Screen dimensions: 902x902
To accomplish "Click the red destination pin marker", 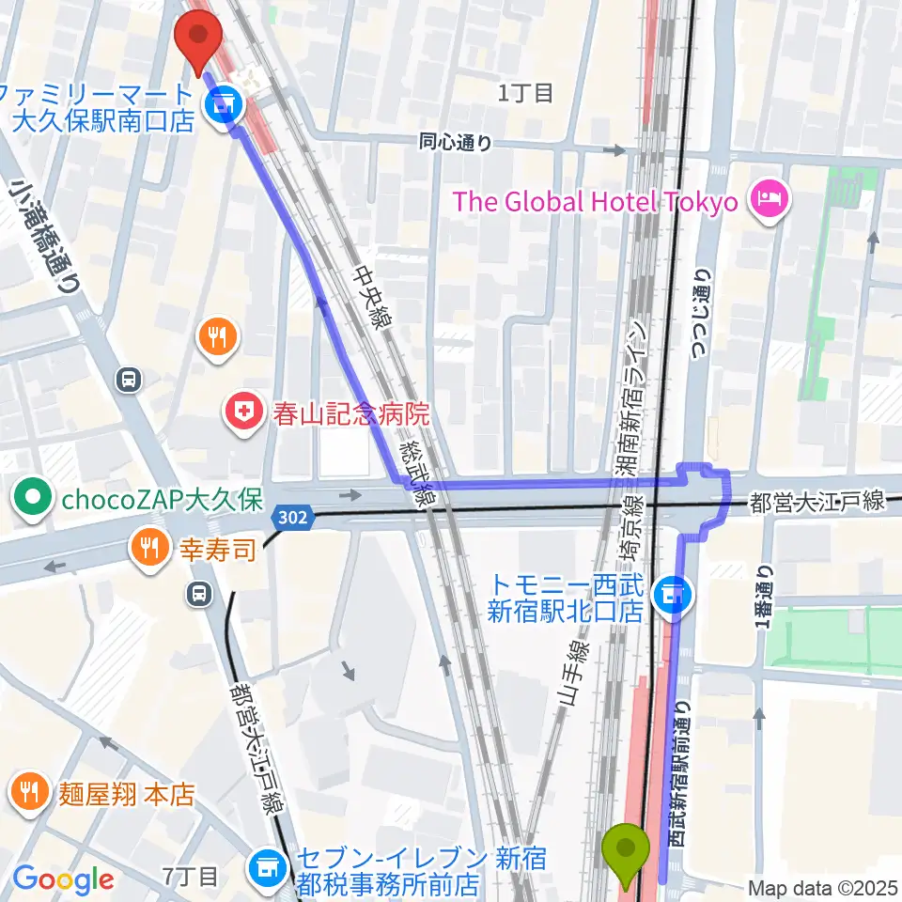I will (x=198, y=40).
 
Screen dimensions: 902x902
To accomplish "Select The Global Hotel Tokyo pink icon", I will (x=770, y=200).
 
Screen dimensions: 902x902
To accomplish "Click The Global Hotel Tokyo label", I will (x=595, y=202).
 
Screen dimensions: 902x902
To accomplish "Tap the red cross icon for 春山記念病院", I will (x=241, y=412).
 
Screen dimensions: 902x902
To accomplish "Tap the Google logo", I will (x=63, y=880).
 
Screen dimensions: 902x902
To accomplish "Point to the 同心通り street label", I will (x=455, y=143).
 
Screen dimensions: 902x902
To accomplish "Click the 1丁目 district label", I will (x=526, y=92).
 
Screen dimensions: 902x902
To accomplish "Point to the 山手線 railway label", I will (x=574, y=675).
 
